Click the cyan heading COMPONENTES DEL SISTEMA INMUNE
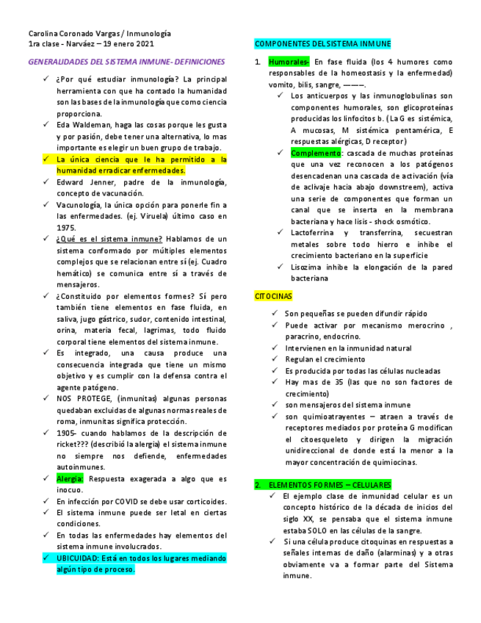click(x=322, y=44)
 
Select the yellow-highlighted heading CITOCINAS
click(x=273, y=296)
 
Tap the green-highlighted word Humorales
click(x=289, y=62)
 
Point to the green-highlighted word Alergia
click(x=70, y=478)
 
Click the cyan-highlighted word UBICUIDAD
click(x=78, y=558)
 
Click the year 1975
click(x=65, y=228)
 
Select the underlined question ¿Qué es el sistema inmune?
click(x=109, y=239)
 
